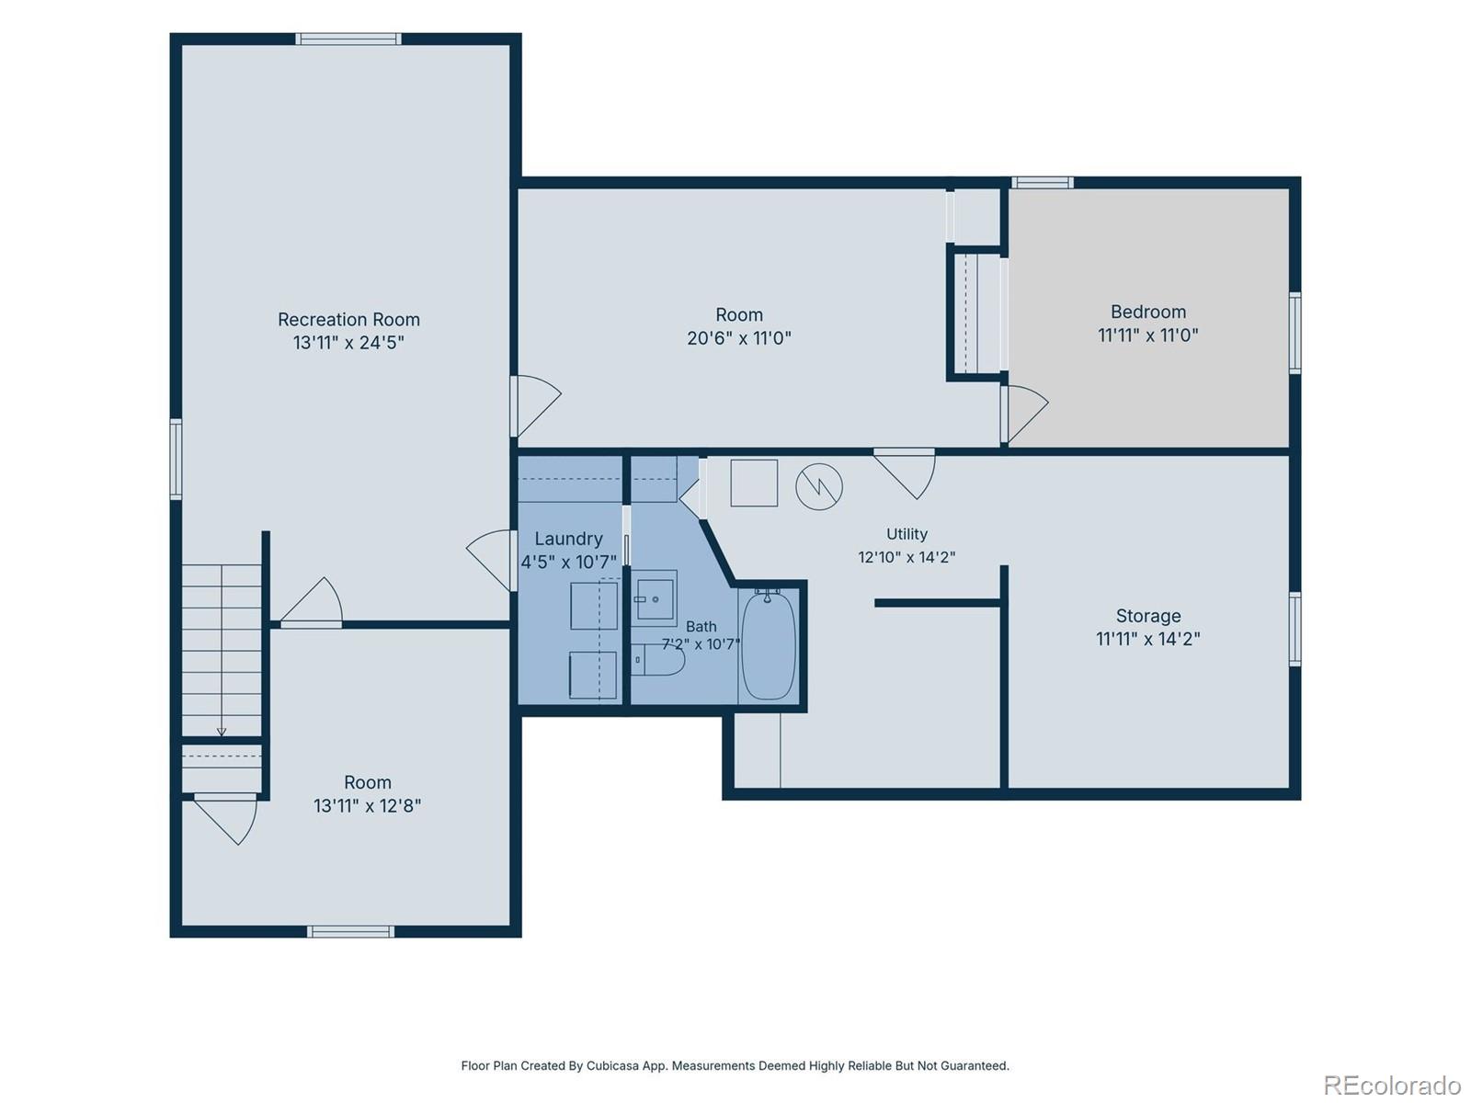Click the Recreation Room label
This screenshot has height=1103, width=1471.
tap(348, 320)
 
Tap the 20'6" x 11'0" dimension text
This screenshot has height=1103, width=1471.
tap(738, 338)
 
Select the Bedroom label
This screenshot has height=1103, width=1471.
tap(1148, 313)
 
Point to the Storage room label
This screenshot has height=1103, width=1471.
tap(1148, 616)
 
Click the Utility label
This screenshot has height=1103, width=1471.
tap(907, 534)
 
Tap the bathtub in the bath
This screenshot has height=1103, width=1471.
tap(769, 645)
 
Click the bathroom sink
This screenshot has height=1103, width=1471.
tap(655, 598)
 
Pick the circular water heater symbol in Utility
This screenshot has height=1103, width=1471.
tap(819, 487)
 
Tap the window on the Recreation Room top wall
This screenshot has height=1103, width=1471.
tap(348, 39)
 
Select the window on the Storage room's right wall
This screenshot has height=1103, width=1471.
tap(1295, 629)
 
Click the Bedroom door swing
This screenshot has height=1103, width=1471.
tap(1025, 414)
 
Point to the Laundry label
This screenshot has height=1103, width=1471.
tap(568, 539)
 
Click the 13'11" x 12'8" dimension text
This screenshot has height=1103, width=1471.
tap(367, 806)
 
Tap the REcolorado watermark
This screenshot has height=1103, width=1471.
tap(1393, 1085)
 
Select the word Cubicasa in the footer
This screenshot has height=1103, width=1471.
tap(612, 1065)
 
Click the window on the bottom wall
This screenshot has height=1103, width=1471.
tap(350, 931)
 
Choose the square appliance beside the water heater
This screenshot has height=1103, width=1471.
tap(754, 483)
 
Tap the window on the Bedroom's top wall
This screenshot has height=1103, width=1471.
tap(1042, 183)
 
